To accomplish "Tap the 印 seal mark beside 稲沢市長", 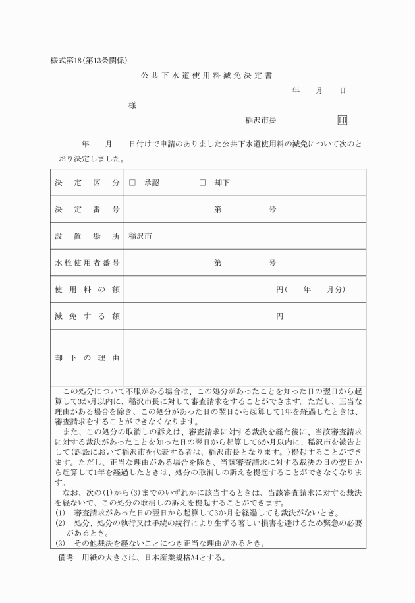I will tap(343, 120).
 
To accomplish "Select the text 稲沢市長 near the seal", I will tap(260, 121).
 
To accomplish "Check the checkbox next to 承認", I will tap(132, 183).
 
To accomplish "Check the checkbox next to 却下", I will tap(203, 183).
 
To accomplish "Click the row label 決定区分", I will tap(87, 183).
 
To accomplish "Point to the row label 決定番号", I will tap(87, 210).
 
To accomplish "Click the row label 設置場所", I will tap(87, 236).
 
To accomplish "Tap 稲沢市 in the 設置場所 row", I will tap(140, 236).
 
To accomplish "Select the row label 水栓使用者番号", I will tap(87, 263).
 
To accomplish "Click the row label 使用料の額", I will tap(87, 289).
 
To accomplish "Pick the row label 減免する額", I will tap(87, 316).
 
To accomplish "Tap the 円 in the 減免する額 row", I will tap(279, 316).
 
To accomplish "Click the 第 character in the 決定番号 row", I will tap(217, 210).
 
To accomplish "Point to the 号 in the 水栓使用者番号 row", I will tap(272, 263).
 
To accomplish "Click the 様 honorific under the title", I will tap(132, 106).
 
